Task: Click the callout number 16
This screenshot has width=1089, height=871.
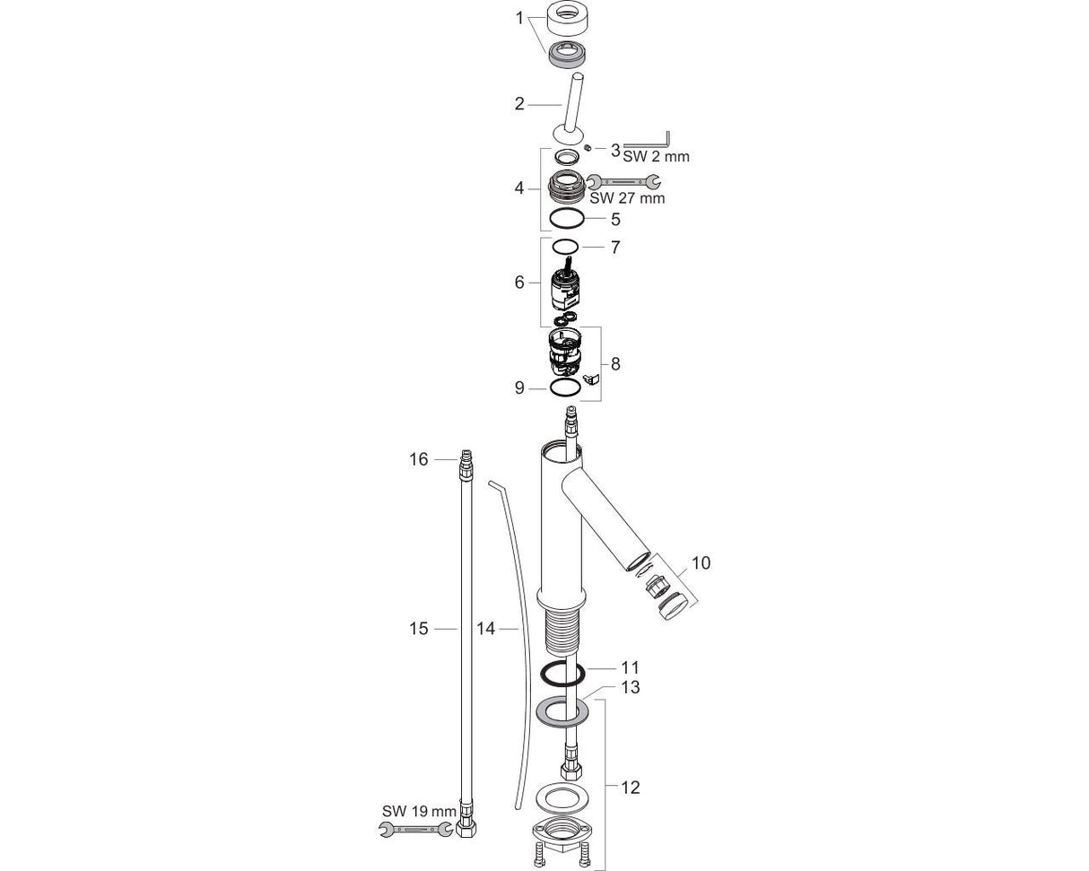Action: (419, 459)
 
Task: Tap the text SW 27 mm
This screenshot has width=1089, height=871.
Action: (627, 198)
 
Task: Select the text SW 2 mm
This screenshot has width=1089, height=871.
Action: (656, 156)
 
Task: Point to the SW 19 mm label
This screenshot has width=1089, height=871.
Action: (419, 811)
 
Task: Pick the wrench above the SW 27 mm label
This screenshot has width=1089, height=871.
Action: (624, 180)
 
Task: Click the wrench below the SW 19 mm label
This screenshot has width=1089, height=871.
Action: (416, 829)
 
